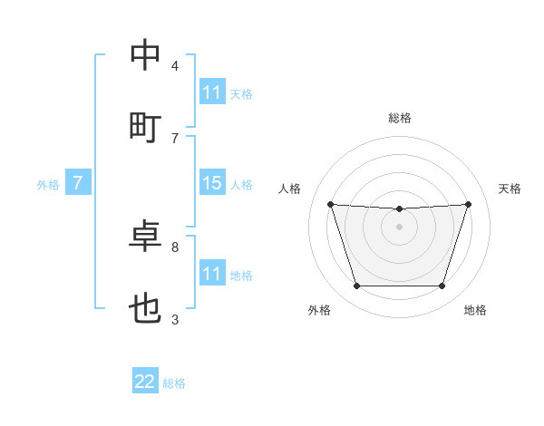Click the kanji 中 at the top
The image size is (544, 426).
click(146, 56)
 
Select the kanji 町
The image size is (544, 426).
click(146, 128)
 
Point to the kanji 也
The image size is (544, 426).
click(146, 309)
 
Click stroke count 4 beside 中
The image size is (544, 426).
click(175, 66)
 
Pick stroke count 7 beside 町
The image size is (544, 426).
click(175, 138)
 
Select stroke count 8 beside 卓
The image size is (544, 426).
click(175, 247)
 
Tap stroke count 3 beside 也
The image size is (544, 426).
click(175, 319)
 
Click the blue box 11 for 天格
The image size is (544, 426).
click(212, 92)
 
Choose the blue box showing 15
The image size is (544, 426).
click(212, 183)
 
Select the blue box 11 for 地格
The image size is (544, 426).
click(212, 273)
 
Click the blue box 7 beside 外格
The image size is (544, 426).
click(78, 183)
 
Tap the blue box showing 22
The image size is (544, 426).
click(145, 382)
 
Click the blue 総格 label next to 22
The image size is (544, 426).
click(174, 383)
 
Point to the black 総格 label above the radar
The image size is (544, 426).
click(400, 118)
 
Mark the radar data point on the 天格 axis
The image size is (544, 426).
click(469, 204)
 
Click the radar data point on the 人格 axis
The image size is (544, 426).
click(331, 204)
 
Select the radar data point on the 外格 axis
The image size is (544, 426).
click(356, 286)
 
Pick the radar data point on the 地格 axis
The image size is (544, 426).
click(442, 286)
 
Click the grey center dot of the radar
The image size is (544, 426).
click(400, 226)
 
